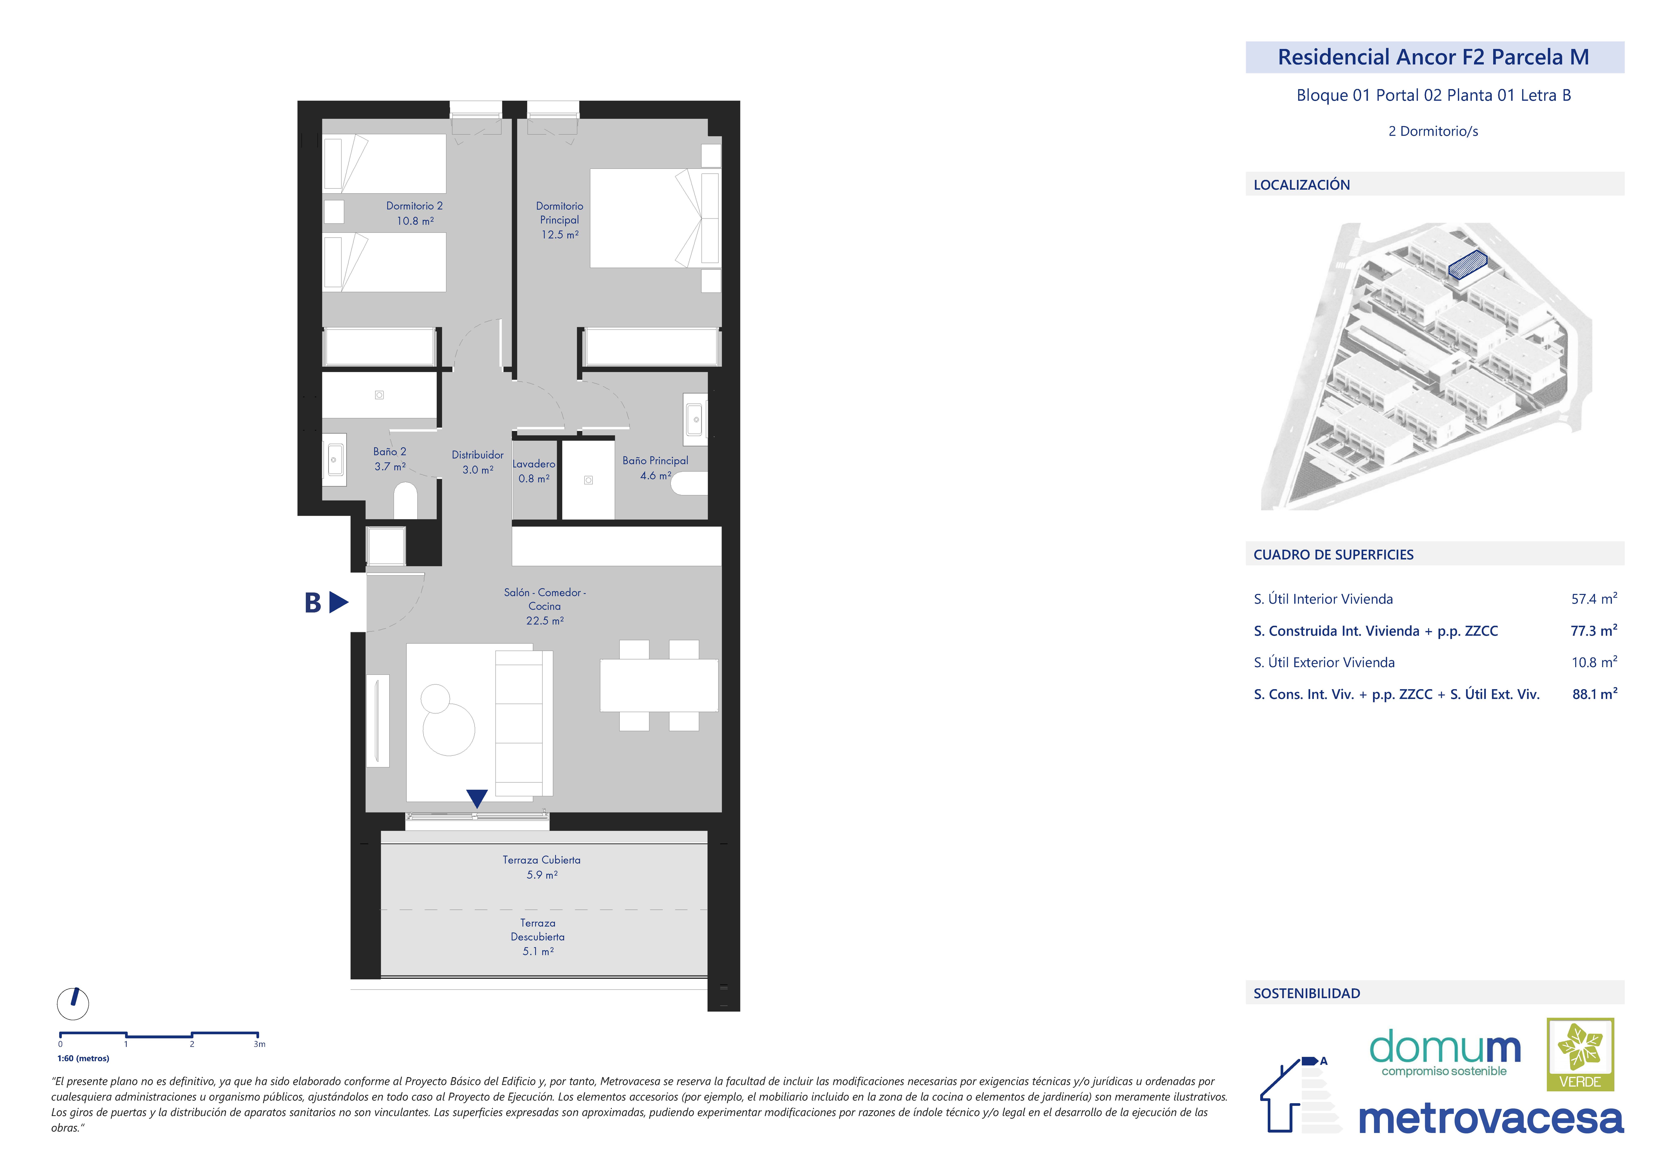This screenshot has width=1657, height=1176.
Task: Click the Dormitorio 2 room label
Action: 414,206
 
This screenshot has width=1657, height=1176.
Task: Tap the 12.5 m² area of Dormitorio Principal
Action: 560,235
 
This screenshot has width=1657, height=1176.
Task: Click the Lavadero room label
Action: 534,464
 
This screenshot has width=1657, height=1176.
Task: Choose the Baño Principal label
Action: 655,461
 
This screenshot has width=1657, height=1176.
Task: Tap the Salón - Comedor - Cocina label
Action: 545,599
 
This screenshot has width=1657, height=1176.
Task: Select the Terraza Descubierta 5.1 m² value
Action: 538,951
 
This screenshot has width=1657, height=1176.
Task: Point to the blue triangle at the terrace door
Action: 477,798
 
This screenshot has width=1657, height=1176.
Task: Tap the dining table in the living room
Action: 659,685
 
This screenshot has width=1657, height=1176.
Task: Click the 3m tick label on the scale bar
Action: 259,1044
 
